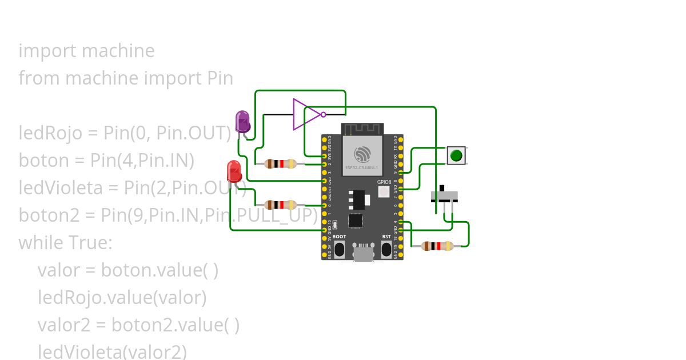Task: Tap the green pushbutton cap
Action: coord(456,155)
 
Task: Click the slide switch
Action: coord(444,196)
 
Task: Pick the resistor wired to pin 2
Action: coord(280,164)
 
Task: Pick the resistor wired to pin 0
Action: coord(280,205)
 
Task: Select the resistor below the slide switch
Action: coord(437,246)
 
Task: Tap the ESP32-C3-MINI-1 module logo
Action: coord(362,155)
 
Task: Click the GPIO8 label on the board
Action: coord(384,182)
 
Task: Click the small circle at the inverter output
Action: coord(324,114)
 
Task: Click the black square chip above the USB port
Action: coord(355,221)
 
